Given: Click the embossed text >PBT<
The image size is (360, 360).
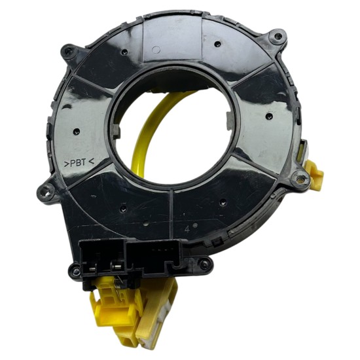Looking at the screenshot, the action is point(79,163).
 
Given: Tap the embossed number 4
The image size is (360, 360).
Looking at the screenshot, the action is point(188,229).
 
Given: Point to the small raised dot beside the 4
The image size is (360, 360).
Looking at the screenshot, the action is point(196,226).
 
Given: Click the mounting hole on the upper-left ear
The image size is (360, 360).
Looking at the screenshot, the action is point(69,51).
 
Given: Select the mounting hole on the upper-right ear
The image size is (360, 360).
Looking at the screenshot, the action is point(278,36).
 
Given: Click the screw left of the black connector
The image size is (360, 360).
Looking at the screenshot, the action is point(75,271).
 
